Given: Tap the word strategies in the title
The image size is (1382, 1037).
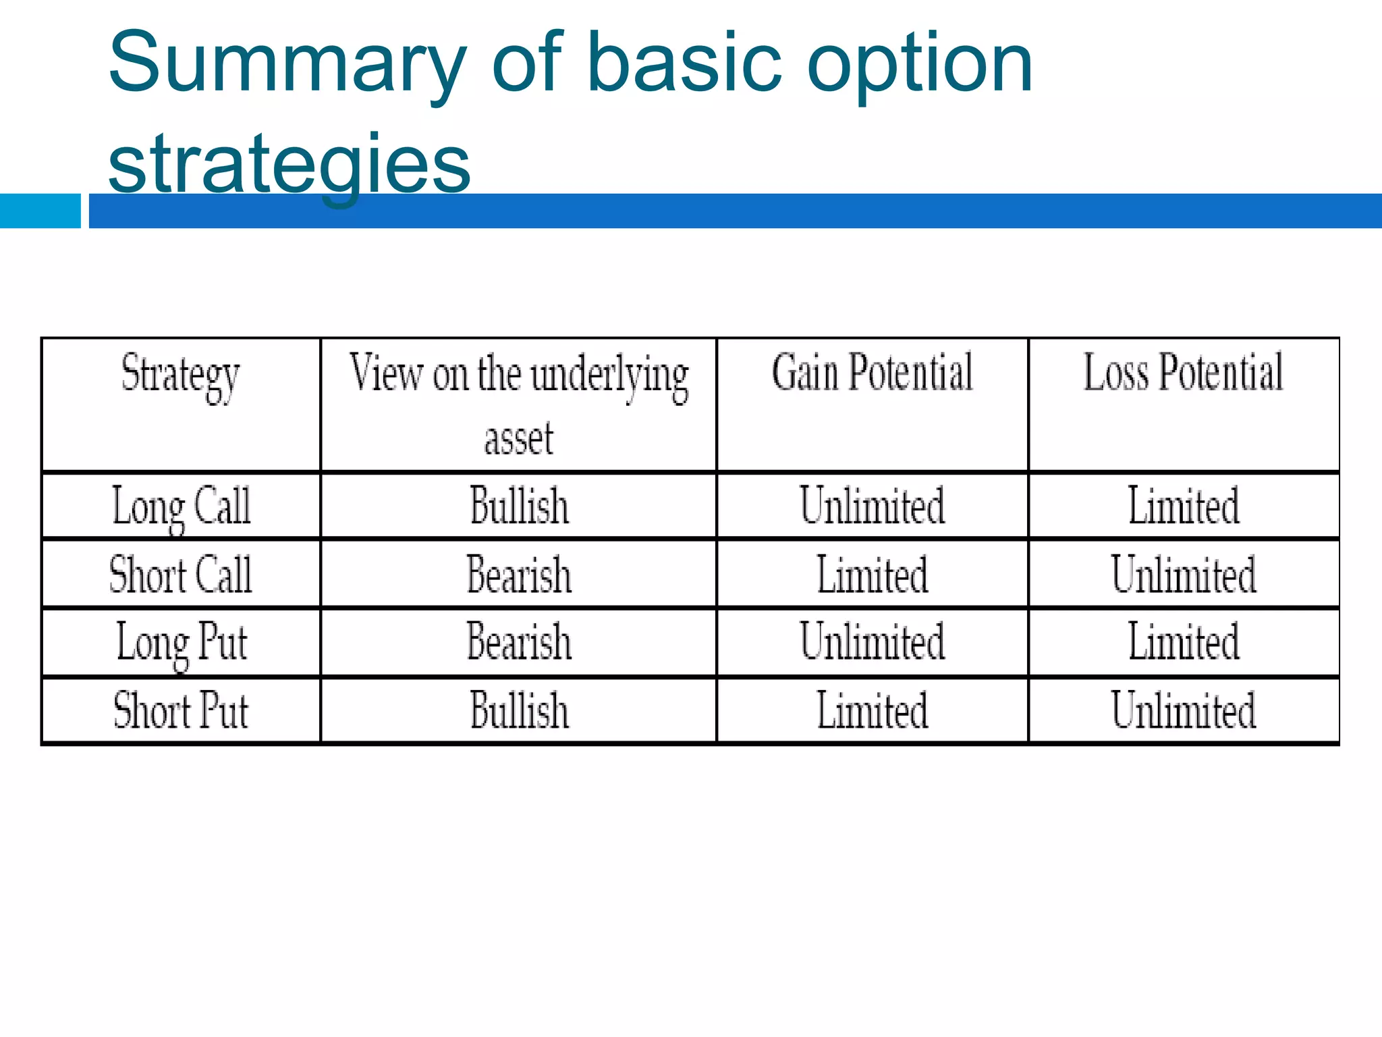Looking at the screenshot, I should [289, 163].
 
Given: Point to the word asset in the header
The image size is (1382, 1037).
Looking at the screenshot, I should [518, 438].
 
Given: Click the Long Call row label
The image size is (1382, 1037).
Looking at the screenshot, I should [181, 506].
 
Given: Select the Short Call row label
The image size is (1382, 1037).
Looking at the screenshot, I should [181, 575].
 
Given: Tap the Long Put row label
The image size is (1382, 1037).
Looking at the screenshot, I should [181, 643].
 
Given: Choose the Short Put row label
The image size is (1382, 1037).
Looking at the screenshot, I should [181, 711].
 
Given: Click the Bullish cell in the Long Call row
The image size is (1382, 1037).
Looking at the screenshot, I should [518, 506].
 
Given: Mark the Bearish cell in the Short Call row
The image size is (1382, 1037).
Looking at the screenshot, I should [518, 575].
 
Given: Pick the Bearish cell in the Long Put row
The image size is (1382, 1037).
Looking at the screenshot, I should [518, 642].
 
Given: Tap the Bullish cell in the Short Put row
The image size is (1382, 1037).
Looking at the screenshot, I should [518, 711].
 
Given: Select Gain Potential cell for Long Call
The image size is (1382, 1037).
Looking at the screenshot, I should [872, 506].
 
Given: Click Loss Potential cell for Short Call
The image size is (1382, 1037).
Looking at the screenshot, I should [1183, 575].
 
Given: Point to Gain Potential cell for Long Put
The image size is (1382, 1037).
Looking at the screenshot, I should [872, 642].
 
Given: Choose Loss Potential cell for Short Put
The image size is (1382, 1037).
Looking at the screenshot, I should [1183, 711].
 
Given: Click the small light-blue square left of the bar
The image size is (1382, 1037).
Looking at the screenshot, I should [40, 211].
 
